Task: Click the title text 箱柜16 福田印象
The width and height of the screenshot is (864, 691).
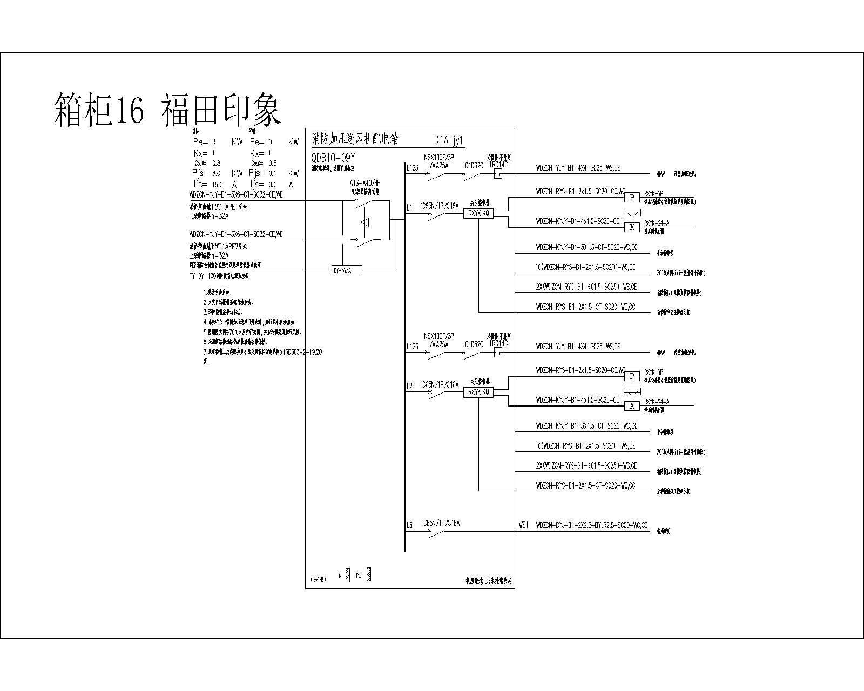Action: [x=167, y=110]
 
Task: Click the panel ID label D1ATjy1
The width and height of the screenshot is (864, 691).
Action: [x=449, y=140]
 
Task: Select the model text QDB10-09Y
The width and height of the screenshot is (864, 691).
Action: [x=333, y=158]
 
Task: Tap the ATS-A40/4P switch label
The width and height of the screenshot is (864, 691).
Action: [x=365, y=183]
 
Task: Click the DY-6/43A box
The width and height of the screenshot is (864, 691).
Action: [x=346, y=270]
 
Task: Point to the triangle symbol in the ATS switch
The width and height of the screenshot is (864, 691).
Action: [x=366, y=222]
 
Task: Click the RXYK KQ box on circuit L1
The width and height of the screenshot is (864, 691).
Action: [x=478, y=213]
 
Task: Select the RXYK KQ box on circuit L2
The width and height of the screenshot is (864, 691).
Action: [x=478, y=392]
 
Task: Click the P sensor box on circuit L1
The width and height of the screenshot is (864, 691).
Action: [x=632, y=198]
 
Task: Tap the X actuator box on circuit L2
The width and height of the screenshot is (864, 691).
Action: [x=632, y=406]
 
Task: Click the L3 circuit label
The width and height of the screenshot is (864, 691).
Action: [x=409, y=525]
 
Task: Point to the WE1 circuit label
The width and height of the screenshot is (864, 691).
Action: [x=523, y=524]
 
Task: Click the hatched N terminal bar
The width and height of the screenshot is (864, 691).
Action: [x=348, y=575]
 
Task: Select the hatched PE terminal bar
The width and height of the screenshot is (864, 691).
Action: [x=369, y=575]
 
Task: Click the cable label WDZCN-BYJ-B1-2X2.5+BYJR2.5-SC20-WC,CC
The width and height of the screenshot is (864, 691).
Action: [x=592, y=524]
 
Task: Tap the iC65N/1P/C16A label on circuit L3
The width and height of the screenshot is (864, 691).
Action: [x=441, y=523]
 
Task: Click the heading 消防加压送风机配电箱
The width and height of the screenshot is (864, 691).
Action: [x=355, y=139]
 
